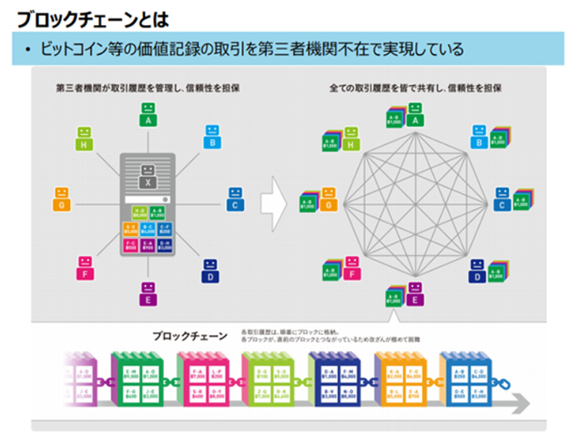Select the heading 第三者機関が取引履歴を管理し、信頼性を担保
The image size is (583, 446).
point(148,88)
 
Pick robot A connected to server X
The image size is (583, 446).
point(148,113)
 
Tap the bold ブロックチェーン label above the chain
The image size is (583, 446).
point(189,337)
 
